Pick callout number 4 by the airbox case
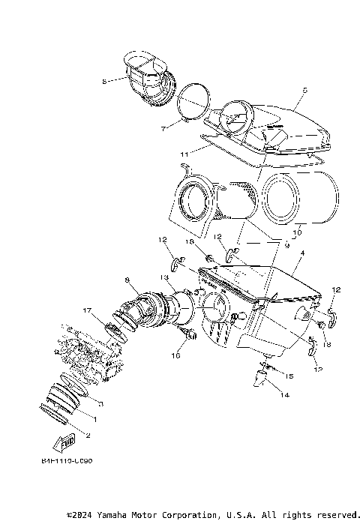pos(301,254)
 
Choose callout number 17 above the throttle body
pos(87,310)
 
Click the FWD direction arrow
pos(66,439)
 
